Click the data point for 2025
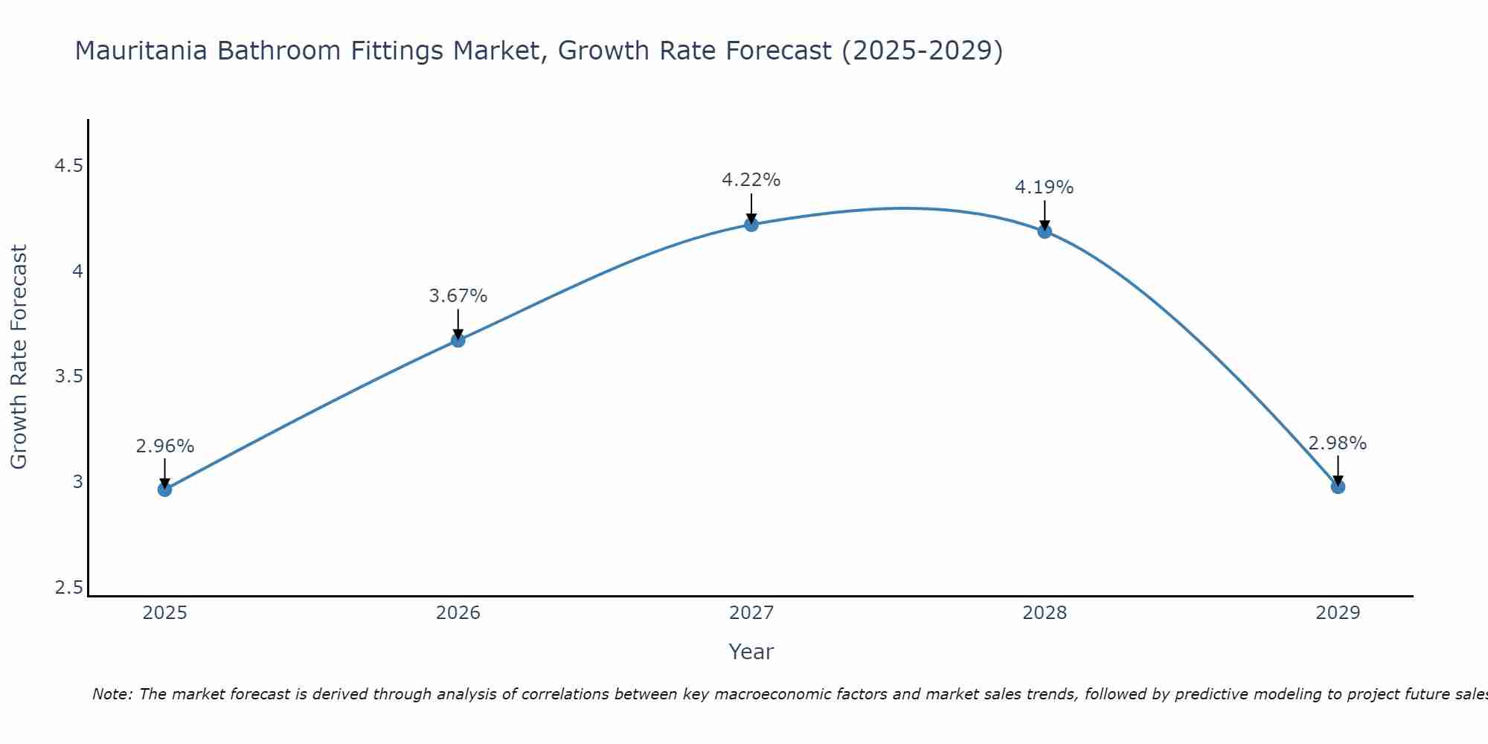click(164, 489)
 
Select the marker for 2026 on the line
click(458, 340)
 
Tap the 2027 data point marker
click(751, 224)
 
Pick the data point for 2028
click(1044, 231)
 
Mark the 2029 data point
click(1337, 486)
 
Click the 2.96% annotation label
click(164, 446)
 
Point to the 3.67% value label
click(458, 296)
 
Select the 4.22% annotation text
click(751, 180)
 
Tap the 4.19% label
click(1044, 187)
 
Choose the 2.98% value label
click(1337, 443)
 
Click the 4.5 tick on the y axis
click(68, 166)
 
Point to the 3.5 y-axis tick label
click(68, 376)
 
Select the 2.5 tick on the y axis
click(68, 588)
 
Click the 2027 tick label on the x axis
click(751, 613)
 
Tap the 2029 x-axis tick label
click(1337, 613)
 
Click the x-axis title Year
click(751, 652)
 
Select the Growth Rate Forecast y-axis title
click(19, 357)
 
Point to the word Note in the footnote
click(112, 694)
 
